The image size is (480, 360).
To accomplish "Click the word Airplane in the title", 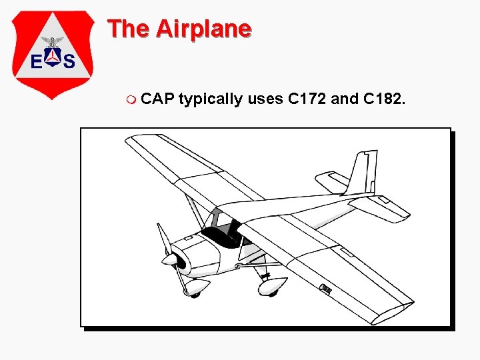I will coord(203,29).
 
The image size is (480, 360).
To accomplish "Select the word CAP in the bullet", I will coord(159,100).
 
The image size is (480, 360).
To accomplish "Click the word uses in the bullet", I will coord(265,100).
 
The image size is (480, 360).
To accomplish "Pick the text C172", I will coord(307,100).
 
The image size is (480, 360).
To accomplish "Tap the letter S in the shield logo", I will coord(69,62).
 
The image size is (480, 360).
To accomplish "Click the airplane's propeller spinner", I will coord(171,259).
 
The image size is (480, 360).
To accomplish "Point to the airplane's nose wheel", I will coord(195,287).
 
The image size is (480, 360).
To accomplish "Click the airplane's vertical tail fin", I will coord(363,173).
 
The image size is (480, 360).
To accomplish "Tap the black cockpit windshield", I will coord(222,235).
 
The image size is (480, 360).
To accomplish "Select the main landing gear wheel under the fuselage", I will coord(272,287).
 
